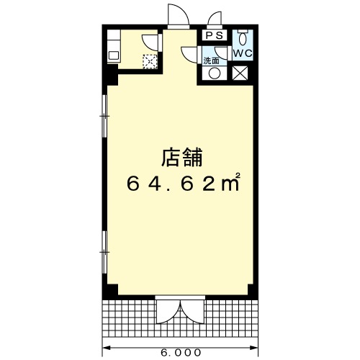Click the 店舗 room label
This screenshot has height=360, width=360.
click(182, 158)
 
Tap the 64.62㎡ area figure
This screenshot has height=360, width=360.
click(184, 182)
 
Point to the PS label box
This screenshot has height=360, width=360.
click(215, 35)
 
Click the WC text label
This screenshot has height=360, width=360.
click(243, 53)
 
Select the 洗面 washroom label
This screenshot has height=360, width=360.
click(211, 61)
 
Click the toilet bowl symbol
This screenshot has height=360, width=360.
click(243, 37)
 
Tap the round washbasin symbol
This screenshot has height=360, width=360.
click(214, 73)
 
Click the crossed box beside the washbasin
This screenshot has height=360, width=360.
click(240, 73)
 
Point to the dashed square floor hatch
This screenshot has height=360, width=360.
click(150, 61)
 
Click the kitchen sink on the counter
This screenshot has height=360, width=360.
click(114, 56)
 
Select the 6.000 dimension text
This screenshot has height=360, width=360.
click(181, 353)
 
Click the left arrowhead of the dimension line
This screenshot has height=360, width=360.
click(106, 347)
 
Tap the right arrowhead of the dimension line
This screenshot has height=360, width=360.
click(254, 347)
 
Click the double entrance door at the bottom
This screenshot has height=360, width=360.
click(180, 311)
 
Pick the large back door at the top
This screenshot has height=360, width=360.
click(179, 17)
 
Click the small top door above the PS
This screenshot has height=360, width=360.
click(215, 18)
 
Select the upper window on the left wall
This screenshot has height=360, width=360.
click(104, 116)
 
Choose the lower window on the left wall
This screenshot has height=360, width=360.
click(104, 252)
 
